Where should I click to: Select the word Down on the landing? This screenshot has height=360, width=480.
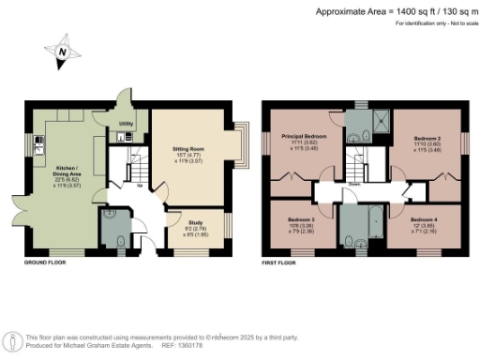354,184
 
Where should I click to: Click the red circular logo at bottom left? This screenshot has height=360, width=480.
13,340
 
